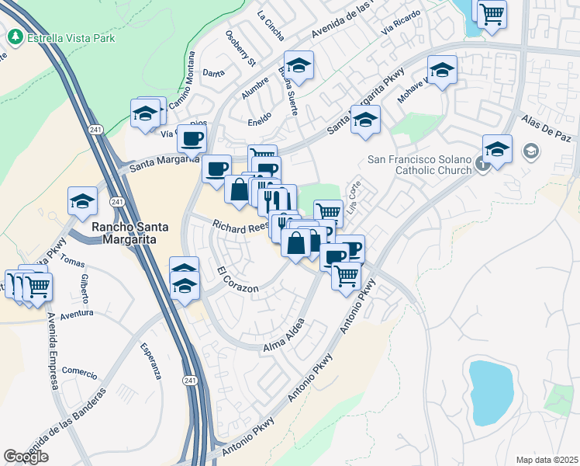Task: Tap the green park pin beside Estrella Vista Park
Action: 15,37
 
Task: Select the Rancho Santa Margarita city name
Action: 124,233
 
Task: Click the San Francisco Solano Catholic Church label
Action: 419,165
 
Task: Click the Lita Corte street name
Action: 356,200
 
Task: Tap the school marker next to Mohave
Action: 442,70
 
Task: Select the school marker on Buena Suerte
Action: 299,64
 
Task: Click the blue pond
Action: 491,386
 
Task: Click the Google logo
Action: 26,456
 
